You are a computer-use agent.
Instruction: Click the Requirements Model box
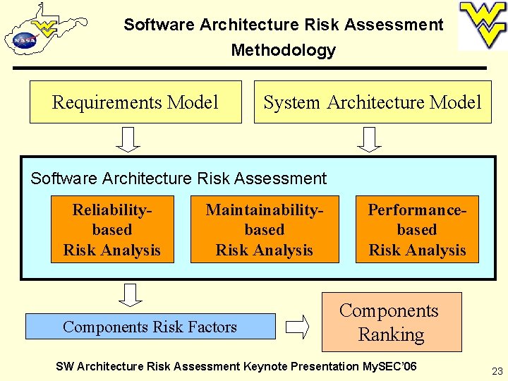(x=135, y=102)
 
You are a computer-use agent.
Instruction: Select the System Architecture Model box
(x=373, y=102)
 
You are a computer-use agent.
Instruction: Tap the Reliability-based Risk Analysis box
(x=112, y=229)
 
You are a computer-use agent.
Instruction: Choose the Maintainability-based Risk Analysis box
(x=265, y=229)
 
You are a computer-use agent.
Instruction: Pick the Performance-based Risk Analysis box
(x=417, y=229)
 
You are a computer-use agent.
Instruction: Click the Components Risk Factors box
(x=150, y=327)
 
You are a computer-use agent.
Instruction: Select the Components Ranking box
(x=392, y=322)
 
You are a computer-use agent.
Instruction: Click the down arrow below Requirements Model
(x=128, y=139)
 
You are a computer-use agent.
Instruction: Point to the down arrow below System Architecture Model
(x=370, y=139)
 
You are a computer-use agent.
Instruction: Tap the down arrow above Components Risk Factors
(x=130, y=294)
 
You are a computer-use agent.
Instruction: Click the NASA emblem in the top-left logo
(x=23, y=40)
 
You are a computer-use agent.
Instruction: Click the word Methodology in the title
(x=284, y=50)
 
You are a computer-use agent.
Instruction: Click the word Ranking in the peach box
(x=392, y=334)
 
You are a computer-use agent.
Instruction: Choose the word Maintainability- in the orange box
(x=265, y=210)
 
